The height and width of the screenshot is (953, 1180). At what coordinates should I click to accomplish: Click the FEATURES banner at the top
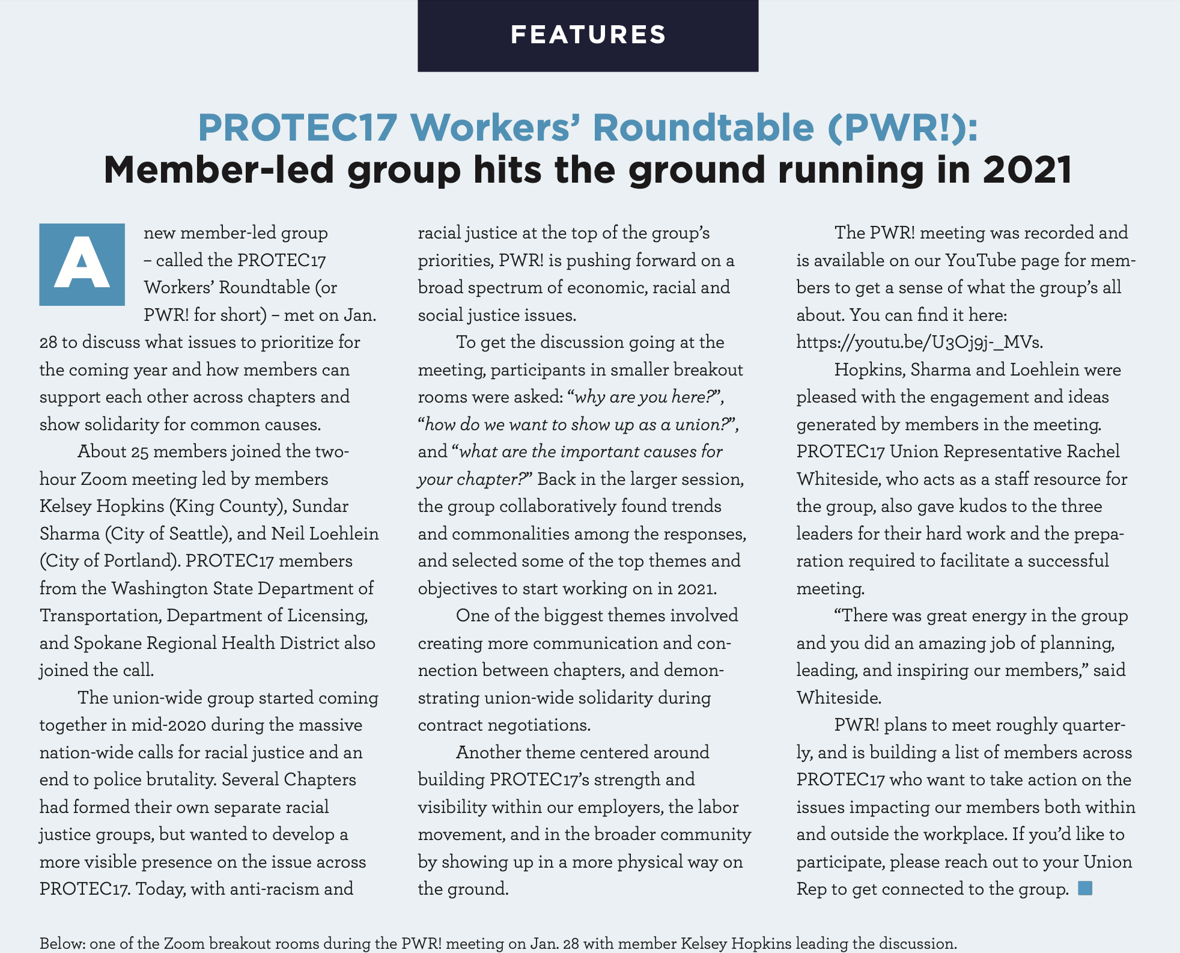pyautogui.click(x=588, y=35)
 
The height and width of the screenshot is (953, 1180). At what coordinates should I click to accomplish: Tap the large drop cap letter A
pyautogui.click(x=82, y=264)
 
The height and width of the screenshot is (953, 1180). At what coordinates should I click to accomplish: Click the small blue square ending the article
pyautogui.click(x=1085, y=888)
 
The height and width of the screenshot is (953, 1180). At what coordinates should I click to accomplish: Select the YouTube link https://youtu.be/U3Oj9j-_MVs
pyautogui.click(x=919, y=343)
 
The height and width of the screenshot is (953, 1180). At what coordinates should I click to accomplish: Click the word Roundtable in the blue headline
pyautogui.click(x=703, y=127)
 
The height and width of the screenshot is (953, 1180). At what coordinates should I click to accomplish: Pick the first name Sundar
pyautogui.click(x=320, y=506)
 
